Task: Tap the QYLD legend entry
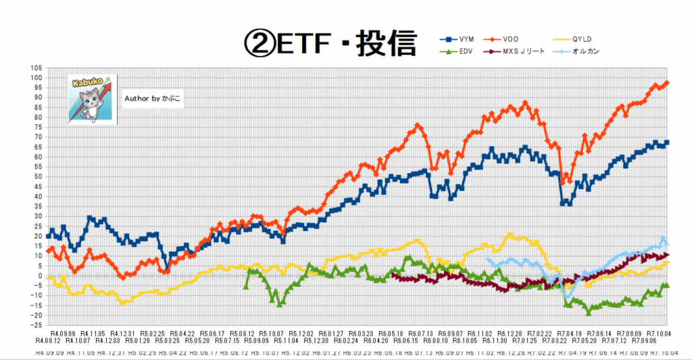586,38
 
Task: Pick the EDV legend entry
461,51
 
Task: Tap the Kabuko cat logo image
92,98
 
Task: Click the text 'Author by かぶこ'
153,99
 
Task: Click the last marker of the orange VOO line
667,83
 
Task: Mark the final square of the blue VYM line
667,143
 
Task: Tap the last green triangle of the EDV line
667,285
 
